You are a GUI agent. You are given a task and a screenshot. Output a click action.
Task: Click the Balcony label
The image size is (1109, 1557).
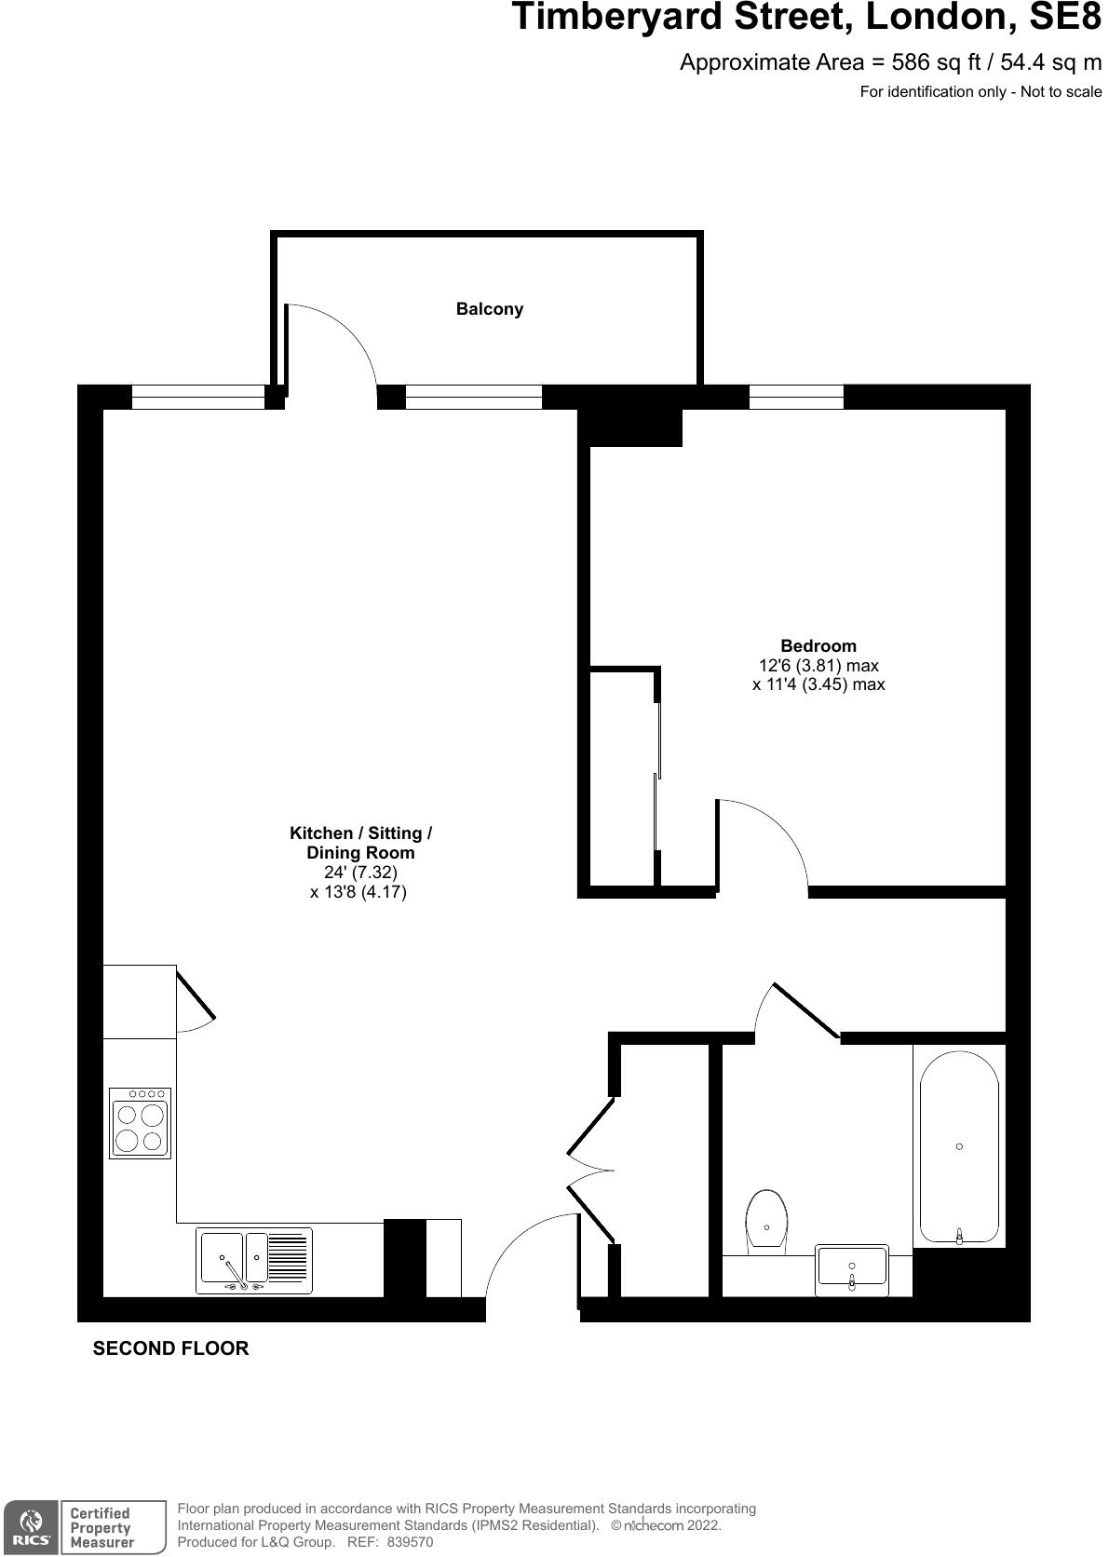(489, 309)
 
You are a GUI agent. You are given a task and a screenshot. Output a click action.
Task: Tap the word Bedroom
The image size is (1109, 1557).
(818, 646)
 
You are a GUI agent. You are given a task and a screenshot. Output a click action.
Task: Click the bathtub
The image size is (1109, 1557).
(959, 1147)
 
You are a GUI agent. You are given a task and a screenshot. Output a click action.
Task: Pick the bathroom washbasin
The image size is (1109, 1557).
(852, 1269)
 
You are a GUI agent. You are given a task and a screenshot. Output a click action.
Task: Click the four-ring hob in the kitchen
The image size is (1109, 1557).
(140, 1123)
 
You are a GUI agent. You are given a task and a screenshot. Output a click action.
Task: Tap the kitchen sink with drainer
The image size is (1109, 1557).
(253, 1261)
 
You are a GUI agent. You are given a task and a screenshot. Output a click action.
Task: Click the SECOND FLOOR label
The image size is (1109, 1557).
(170, 1348)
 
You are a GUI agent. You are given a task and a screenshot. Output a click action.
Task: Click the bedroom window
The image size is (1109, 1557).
(796, 397)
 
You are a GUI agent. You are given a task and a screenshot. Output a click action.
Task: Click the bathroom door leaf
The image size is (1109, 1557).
(806, 1009)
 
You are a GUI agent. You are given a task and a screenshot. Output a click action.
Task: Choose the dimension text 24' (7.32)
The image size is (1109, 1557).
(359, 873)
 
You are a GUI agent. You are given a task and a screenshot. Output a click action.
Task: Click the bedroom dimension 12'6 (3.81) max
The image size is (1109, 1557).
(818, 666)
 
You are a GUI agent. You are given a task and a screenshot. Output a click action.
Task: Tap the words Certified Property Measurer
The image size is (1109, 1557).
(101, 1527)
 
